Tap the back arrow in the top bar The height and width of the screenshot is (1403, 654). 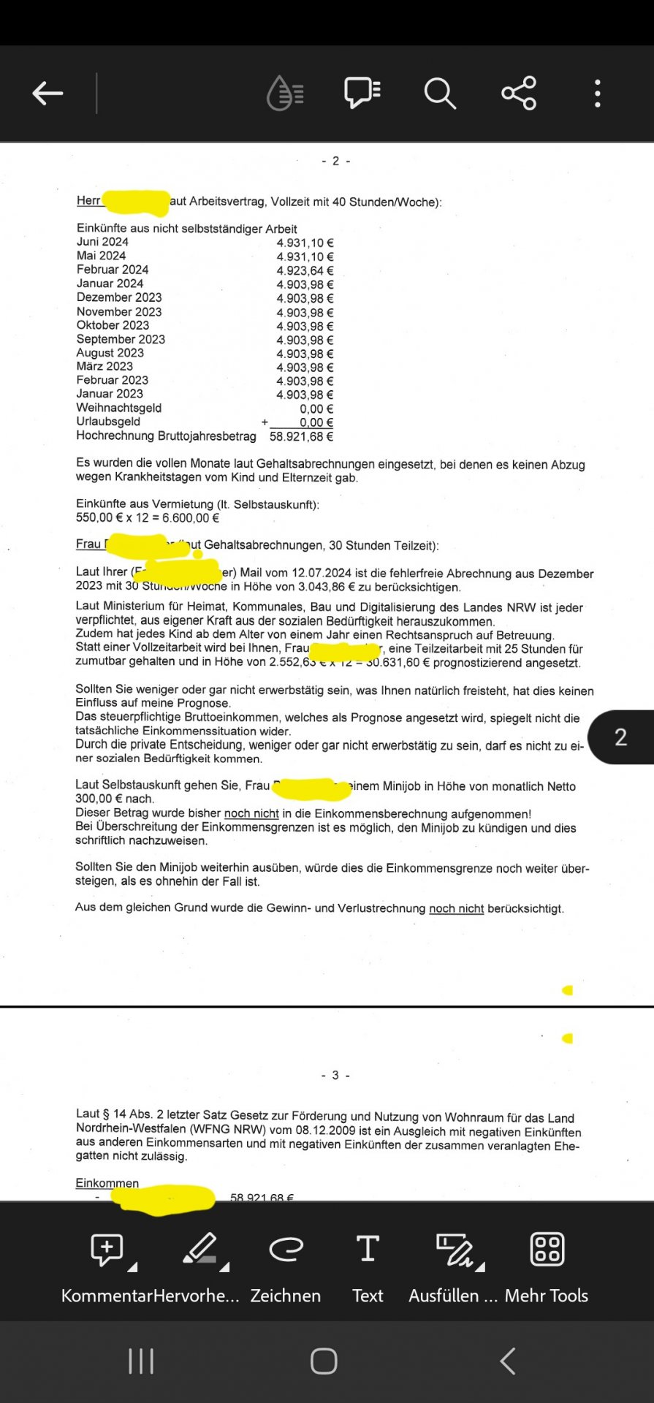[x=48, y=94]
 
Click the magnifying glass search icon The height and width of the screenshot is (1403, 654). [x=440, y=94]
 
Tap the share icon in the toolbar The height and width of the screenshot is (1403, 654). [x=519, y=94]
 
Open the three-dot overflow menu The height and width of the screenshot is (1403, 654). [x=598, y=94]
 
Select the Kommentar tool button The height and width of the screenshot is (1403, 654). [x=107, y=1250]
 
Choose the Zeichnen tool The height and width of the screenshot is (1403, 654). [x=286, y=1250]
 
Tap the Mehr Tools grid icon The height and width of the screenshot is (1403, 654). [x=547, y=1250]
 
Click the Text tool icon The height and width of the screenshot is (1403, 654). [x=368, y=1250]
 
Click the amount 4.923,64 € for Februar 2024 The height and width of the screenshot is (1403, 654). [x=305, y=270]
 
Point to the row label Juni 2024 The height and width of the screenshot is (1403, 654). [x=102, y=242]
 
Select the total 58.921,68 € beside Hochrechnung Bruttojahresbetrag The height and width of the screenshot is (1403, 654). [x=301, y=437]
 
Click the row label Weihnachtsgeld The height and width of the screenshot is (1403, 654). [x=119, y=408]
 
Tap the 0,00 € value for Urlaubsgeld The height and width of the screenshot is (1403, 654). [x=316, y=422]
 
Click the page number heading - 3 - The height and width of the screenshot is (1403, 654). [x=335, y=1076]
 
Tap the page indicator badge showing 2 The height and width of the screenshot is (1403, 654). [x=620, y=737]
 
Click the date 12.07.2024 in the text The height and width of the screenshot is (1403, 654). [x=322, y=574]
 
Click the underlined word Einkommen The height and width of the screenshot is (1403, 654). [x=107, y=1183]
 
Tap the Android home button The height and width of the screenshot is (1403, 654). [x=324, y=1361]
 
